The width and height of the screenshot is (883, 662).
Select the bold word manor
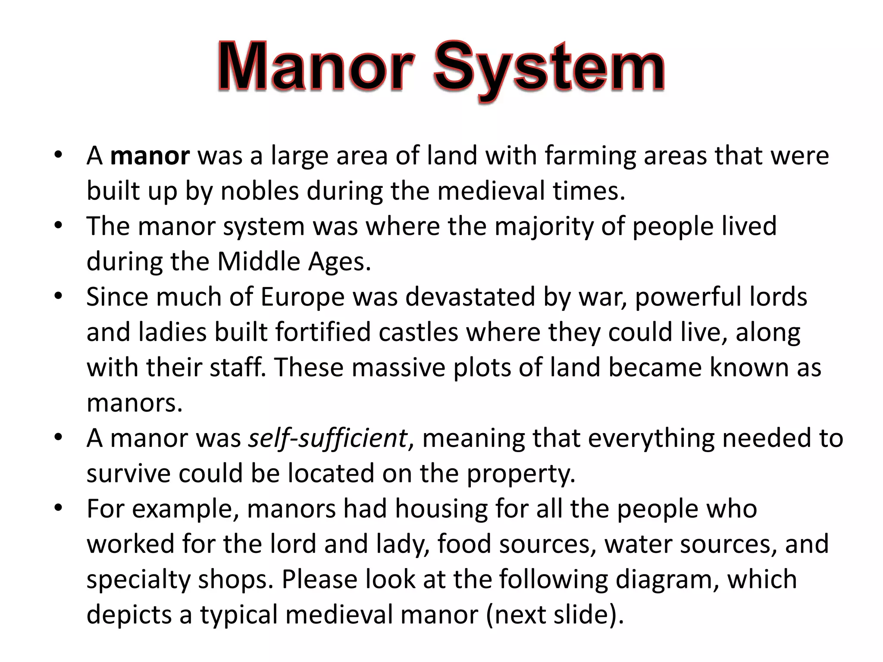150,156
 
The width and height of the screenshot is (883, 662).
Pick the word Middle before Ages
258,262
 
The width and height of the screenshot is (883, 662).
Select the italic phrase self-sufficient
328,438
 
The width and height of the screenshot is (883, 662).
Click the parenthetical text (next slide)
554,615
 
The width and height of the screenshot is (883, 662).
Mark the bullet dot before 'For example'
59,508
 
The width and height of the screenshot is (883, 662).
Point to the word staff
238,368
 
